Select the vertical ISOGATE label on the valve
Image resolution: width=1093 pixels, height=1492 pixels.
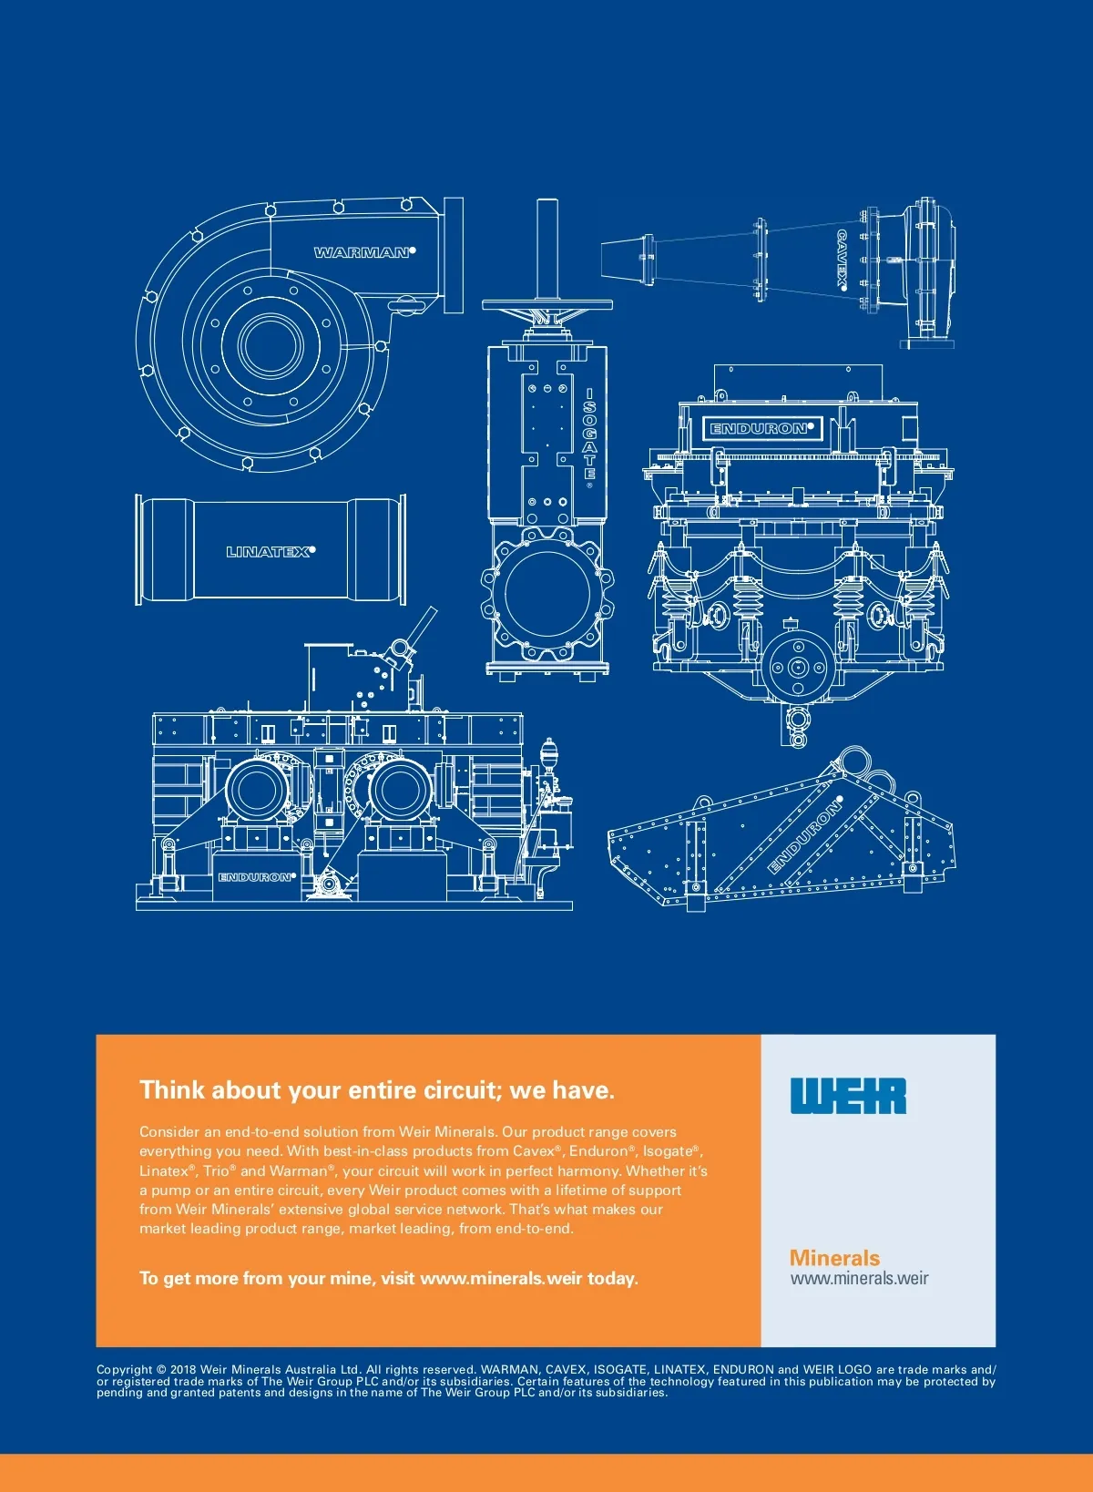tap(589, 435)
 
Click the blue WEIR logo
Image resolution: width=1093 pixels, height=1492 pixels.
tap(848, 1096)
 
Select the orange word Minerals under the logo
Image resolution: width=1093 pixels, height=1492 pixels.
tap(834, 1258)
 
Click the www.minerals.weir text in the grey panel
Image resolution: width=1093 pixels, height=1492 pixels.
tap(859, 1278)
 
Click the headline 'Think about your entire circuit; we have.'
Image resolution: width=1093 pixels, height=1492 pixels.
tap(377, 1090)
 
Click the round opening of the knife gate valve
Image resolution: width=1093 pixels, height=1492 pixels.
tap(547, 591)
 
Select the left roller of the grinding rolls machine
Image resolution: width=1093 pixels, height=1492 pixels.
tap(256, 791)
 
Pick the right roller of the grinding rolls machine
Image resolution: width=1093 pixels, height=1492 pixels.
tap(398, 791)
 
